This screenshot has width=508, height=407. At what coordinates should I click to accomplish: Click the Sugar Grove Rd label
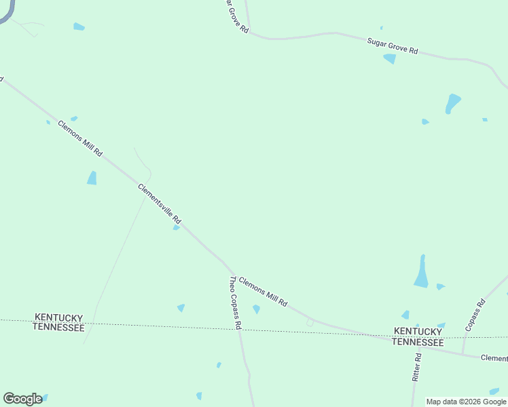[x=393, y=46]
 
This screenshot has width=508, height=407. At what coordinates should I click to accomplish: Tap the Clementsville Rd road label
[x=160, y=203]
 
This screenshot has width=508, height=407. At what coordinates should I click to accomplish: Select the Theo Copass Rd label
[x=235, y=303]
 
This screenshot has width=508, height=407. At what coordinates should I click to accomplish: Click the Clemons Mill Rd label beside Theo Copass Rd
[x=263, y=291]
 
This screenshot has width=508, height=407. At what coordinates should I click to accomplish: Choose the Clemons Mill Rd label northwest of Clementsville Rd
[x=80, y=138]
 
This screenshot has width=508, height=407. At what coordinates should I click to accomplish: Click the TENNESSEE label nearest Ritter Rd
[x=418, y=343]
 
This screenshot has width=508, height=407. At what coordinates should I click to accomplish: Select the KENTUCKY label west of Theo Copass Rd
[x=58, y=317]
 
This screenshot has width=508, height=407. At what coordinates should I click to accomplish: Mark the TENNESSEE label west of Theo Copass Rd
[x=58, y=328]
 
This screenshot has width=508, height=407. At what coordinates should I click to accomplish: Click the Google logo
[x=22, y=398]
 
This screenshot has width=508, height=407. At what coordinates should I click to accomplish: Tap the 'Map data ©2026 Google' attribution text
[x=466, y=402]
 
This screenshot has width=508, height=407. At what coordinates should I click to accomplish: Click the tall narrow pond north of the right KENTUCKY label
[x=422, y=272]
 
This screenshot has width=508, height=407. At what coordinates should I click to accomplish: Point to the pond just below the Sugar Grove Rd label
[x=390, y=59]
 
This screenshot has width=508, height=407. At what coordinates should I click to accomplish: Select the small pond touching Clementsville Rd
[x=176, y=228]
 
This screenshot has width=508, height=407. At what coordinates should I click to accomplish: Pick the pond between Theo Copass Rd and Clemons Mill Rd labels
[x=256, y=309]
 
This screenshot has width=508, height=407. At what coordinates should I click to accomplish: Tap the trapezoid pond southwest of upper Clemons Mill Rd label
[x=92, y=178]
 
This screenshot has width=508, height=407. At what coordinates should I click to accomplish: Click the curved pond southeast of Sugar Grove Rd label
[x=452, y=103]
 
